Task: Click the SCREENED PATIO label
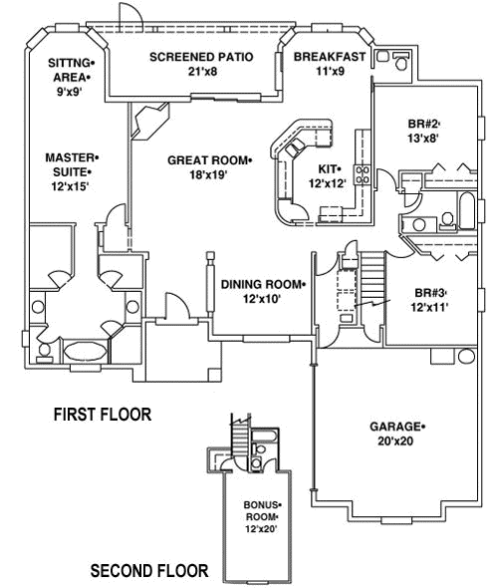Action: [x=200, y=57]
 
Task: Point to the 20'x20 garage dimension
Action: [x=394, y=442]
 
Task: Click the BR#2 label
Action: [x=423, y=124]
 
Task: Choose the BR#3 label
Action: [x=430, y=292]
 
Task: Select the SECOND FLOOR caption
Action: [x=149, y=571]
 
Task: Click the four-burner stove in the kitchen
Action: [x=364, y=175]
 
